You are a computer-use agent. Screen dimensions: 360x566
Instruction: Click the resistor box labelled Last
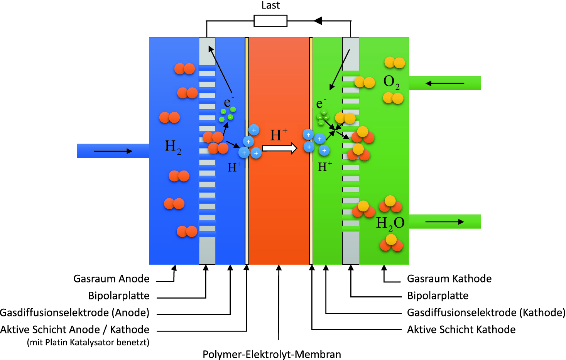pyautogui.click(x=270, y=21)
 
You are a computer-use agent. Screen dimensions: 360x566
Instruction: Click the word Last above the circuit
pyautogui.click(x=270, y=5)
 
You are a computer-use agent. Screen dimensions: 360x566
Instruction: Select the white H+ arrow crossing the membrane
pyautogui.click(x=279, y=148)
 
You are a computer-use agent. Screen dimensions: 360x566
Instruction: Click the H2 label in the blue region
pyautogui.click(x=173, y=147)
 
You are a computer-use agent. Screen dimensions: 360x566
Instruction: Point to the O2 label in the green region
pyautogui.click(x=391, y=82)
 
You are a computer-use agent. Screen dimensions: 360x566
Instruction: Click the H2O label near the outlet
pyautogui.click(x=390, y=223)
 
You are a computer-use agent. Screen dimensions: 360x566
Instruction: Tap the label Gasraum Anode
pyautogui.click(x=111, y=279)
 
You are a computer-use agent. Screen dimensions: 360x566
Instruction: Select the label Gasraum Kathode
pyautogui.click(x=449, y=279)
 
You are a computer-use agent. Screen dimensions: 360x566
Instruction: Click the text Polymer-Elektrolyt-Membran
pyautogui.click(x=272, y=354)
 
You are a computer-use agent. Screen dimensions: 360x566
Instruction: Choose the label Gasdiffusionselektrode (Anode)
pyautogui.click(x=75, y=313)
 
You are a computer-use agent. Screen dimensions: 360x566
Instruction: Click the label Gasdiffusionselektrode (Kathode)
pyautogui.click(x=486, y=313)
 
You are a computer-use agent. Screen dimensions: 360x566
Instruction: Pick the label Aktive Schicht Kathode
pyautogui.click(x=461, y=330)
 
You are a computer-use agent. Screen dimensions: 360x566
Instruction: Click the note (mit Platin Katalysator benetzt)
pyautogui.click(x=88, y=342)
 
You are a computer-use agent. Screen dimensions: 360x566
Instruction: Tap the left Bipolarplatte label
pyautogui.click(x=118, y=296)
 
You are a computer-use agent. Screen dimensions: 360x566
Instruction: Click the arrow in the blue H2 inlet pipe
pyautogui.click(x=113, y=151)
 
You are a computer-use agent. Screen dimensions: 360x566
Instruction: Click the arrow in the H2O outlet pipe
pyautogui.click(x=444, y=222)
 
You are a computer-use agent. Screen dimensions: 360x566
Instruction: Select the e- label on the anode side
pyautogui.click(x=229, y=102)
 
